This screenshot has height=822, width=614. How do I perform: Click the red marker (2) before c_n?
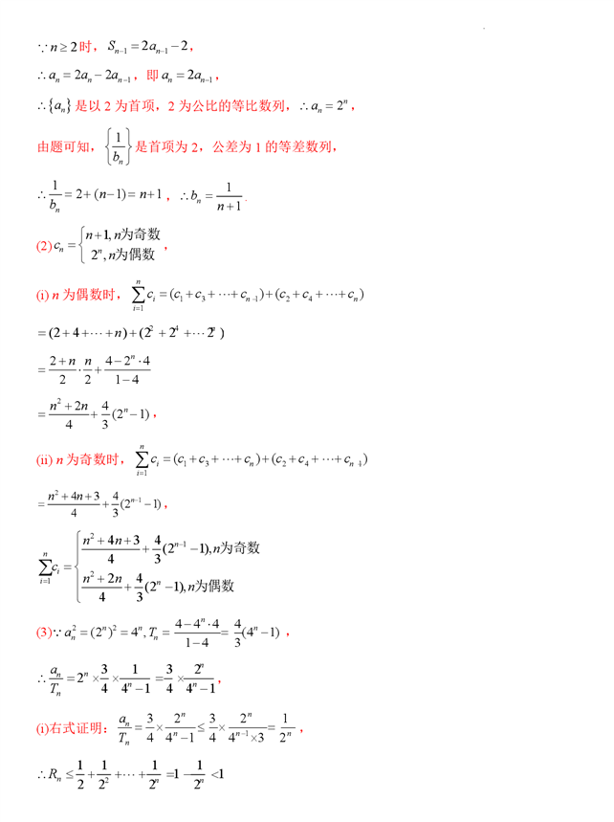[x=43, y=246]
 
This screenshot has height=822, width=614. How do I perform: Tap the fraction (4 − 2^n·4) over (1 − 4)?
[x=130, y=372]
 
